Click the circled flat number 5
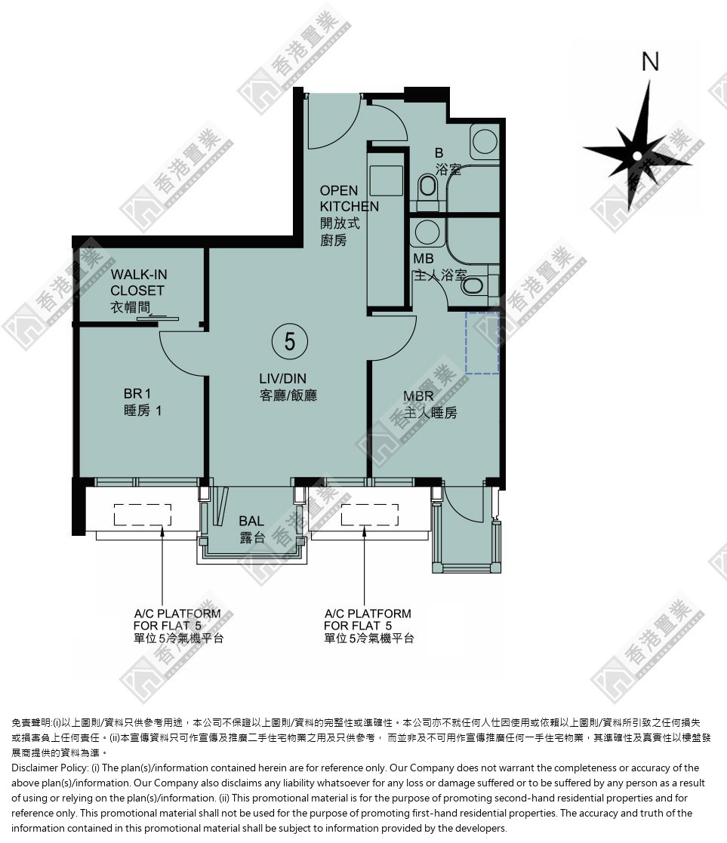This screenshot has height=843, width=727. pyautogui.click(x=290, y=341)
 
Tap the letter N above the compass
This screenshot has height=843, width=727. pyautogui.click(x=650, y=62)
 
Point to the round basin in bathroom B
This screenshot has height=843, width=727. pyautogui.click(x=485, y=141)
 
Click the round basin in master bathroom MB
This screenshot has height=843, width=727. pyautogui.click(x=427, y=232)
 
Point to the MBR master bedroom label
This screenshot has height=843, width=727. pyautogui.click(x=430, y=405)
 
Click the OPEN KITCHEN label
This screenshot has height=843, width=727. pyautogui.click(x=349, y=215)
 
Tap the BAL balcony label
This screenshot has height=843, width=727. pyautogui.click(x=251, y=529)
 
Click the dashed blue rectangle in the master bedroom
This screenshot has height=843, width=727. pyautogui.click(x=482, y=343)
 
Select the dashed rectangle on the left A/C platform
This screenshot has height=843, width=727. pyautogui.click(x=143, y=515)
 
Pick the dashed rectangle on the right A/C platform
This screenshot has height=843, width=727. pyautogui.click(x=369, y=515)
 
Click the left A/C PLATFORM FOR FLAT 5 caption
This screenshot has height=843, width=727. pyautogui.click(x=178, y=626)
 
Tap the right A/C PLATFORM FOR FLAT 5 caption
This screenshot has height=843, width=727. pyautogui.click(x=368, y=626)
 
